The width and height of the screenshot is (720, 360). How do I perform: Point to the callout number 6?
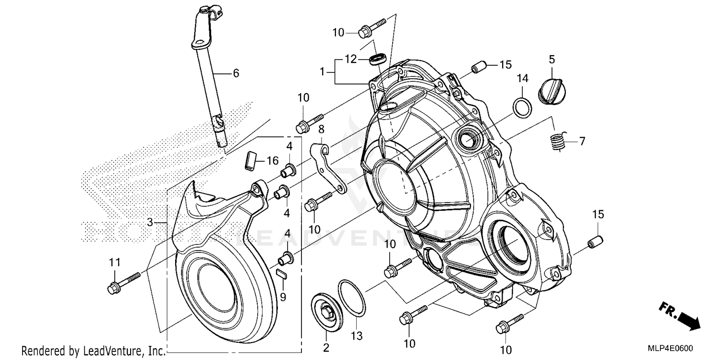pos(236,73)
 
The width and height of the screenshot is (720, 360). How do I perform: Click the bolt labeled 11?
pos(123,283)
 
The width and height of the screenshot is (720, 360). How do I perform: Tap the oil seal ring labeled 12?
pos(377,60)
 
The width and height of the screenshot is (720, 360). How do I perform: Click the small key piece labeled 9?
pos(281,275)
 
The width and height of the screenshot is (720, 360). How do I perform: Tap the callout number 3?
pos(150,222)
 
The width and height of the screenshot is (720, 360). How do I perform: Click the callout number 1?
pos(324,72)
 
